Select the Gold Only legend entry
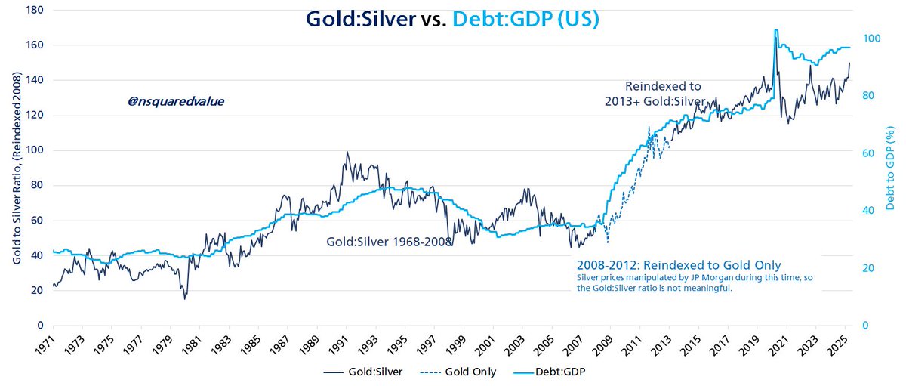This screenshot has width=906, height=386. point(458,372)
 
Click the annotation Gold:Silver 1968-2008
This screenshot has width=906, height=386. point(389,242)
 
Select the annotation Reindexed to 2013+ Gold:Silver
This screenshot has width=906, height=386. point(655,93)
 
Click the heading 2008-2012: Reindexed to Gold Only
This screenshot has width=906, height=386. point(678,265)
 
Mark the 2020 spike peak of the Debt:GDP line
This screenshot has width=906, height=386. point(776,31)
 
